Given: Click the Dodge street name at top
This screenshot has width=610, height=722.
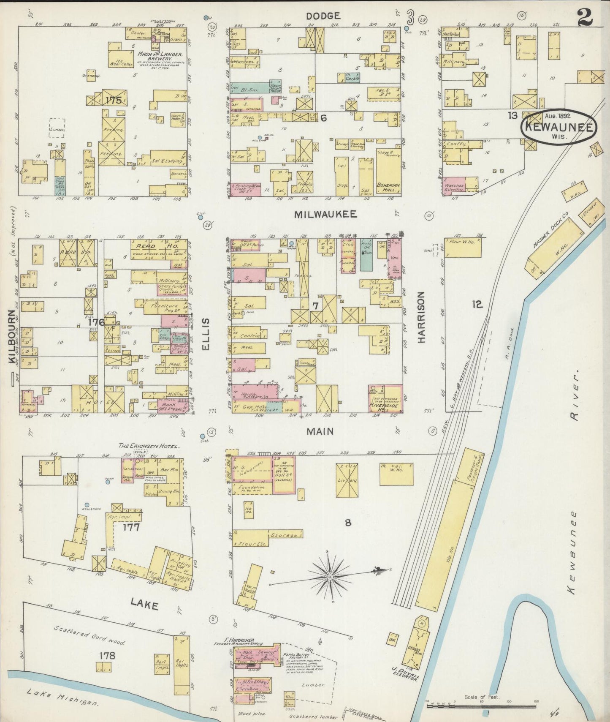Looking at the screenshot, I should [x=323, y=16].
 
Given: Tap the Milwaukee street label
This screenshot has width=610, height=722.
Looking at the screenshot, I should [x=325, y=214].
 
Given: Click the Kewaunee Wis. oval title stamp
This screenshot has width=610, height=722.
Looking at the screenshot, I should [x=558, y=127].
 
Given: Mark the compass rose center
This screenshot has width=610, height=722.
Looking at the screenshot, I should [x=330, y=577].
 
